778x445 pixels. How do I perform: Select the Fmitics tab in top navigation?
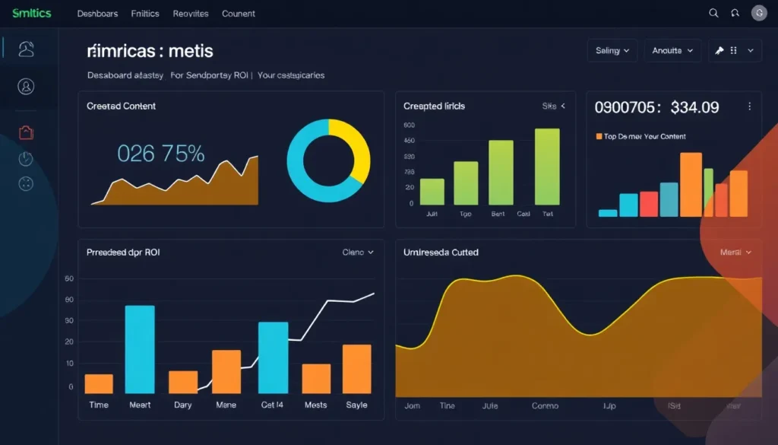click(145, 14)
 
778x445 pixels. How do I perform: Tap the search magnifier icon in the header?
click(713, 13)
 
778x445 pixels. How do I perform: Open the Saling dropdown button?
click(612, 51)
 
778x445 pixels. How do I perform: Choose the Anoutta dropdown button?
click(672, 51)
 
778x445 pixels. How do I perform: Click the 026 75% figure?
click(161, 154)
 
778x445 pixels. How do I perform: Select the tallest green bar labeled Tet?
click(547, 167)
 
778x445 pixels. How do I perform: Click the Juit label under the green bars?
click(432, 215)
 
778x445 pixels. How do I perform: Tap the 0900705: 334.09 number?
click(656, 107)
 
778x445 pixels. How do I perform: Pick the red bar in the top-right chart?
click(648, 204)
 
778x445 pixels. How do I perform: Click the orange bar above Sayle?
click(356, 369)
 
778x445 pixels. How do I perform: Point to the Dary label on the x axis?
click(183, 405)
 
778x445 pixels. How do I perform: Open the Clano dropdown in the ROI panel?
click(358, 253)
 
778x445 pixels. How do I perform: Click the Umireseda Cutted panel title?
click(441, 253)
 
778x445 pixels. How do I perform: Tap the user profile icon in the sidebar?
click(26, 87)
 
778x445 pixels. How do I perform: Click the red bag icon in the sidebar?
click(26, 133)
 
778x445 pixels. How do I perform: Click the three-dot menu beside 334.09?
click(750, 107)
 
